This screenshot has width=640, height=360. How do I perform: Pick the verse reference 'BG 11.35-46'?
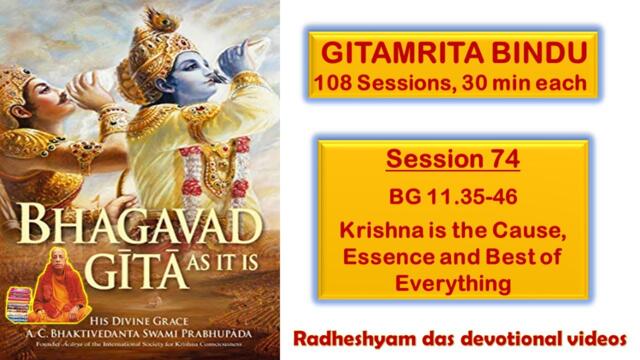453,188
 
